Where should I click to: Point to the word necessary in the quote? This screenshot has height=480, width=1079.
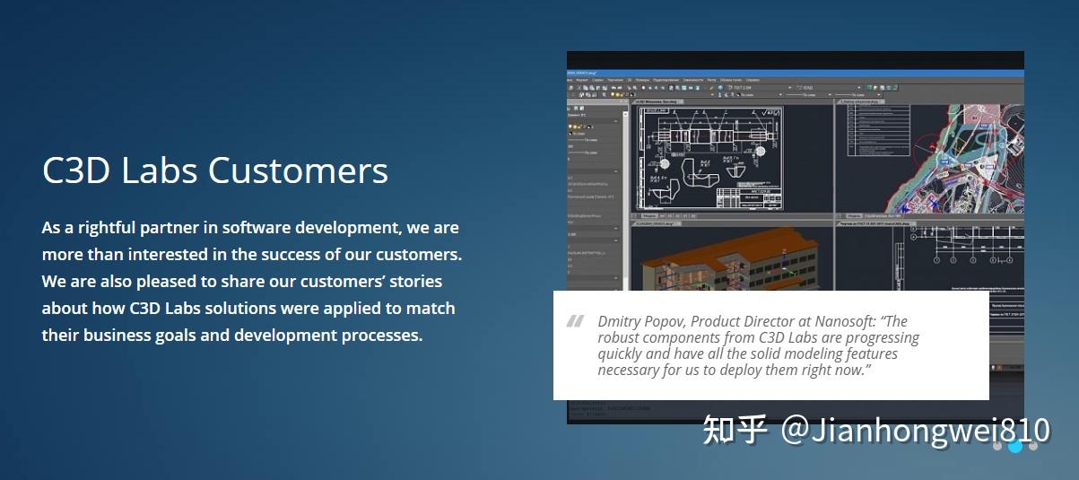(x=628, y=370)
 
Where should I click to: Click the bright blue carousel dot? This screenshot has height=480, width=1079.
(x=1015, y=446)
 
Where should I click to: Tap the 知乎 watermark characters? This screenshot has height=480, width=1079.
(x=735, y=430)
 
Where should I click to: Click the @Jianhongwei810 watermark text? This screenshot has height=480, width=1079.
(x=915, y=430)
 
